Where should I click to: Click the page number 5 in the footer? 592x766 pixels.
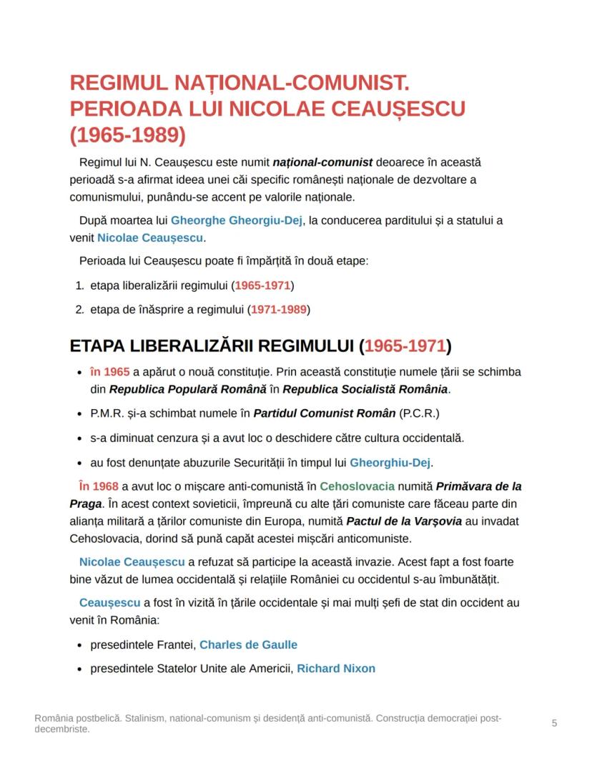[554, 723]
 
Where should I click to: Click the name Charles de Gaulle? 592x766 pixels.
[248, 644]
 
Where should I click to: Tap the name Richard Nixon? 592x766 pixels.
[335, 668]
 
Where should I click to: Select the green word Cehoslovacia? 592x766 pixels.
[357, 486]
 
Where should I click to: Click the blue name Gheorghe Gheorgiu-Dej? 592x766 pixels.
[237, 220]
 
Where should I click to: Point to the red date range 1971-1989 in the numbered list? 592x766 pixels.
[279, 310]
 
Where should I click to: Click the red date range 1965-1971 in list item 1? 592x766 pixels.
[263, 285]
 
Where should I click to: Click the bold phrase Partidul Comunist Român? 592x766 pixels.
[324, 413]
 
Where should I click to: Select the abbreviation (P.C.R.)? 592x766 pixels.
[419, 413]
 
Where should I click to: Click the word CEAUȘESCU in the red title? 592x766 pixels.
[388, 109]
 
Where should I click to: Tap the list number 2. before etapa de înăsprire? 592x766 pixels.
[79, 310]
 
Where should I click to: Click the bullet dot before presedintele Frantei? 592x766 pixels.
[79, 645]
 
